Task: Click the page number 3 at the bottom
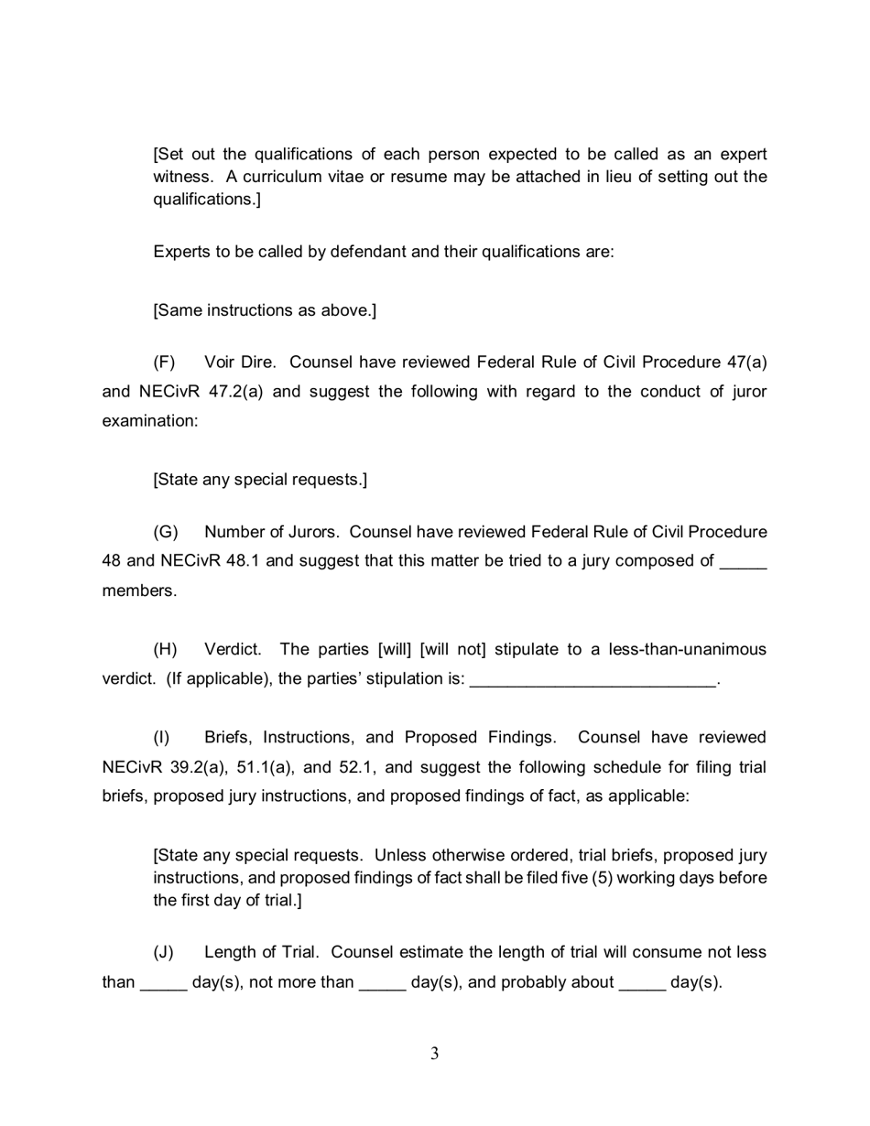coord(434,1054)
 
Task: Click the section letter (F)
coord(165,362)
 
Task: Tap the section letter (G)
coord(165,532)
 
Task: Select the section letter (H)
coord(165,649)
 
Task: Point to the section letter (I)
coord(161,737)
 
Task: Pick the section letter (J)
coord(163,952)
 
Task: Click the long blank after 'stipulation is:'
coord(593,680)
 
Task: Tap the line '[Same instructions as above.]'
coord(265,310)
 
